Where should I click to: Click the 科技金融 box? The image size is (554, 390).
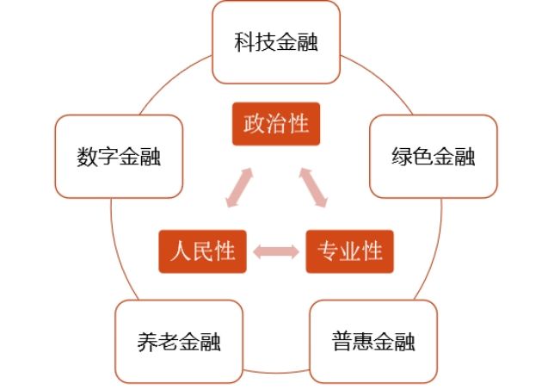(276, 41)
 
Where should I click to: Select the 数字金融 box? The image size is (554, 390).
(119, 158)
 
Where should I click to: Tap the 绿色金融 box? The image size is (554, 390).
(434, 158)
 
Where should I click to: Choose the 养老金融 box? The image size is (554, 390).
(179, 341)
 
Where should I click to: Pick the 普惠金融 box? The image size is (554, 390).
(373, 341)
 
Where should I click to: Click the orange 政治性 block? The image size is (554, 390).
(276, 124)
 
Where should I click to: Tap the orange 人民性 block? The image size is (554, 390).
(203, 251)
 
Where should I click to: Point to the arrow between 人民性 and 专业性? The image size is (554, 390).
(276, 251)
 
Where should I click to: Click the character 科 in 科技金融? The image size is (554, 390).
(244, 42)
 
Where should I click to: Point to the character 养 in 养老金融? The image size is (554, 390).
(147, 342)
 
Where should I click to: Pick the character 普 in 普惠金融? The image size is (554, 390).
(342, 342)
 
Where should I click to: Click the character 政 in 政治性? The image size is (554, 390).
(255, 124)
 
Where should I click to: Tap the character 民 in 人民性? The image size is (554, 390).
(203, 251)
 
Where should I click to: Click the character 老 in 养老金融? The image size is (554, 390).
(169, 342)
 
